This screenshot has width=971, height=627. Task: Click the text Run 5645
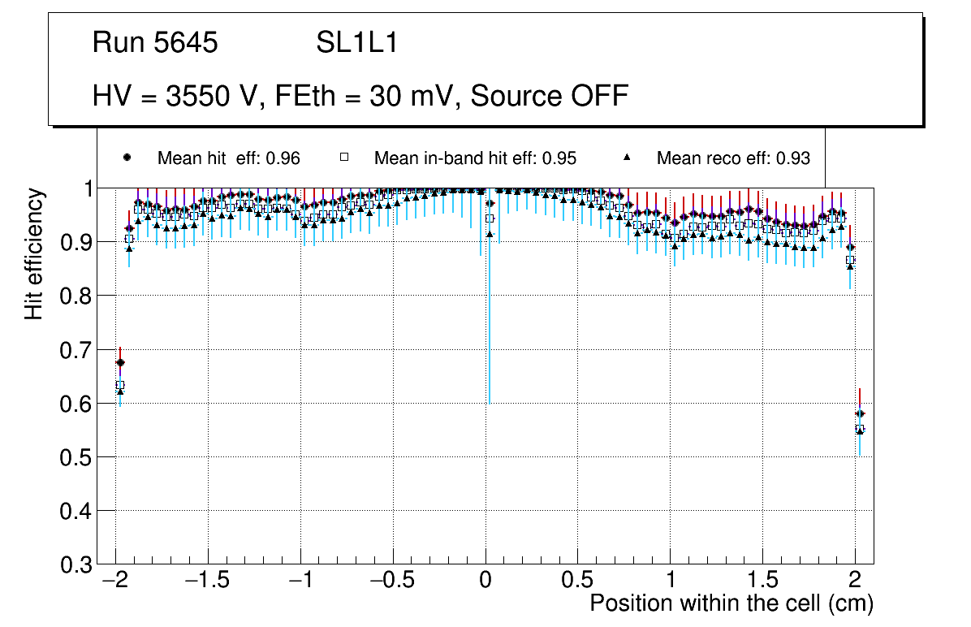point(155,43)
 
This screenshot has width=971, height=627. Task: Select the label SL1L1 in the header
point(357,43)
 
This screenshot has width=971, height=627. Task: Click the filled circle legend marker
point(127,158)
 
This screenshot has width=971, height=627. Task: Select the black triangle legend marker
point(626,158)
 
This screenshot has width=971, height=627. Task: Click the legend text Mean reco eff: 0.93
point(733,158)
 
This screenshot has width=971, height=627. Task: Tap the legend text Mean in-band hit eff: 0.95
point(475,158)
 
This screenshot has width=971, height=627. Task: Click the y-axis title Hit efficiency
point(34,253)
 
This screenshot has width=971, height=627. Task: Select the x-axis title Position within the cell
point(731,603)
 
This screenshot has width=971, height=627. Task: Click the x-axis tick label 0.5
point(577,580)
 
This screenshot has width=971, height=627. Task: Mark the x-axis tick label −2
point(115,580)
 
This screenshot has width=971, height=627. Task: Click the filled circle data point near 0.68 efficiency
point(120,363)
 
